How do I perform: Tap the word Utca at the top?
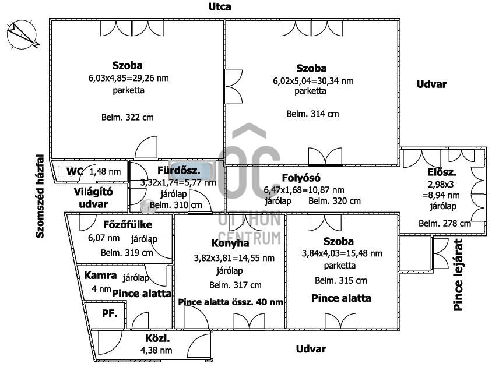click(x=220, y=7)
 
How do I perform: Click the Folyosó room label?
click(x=301, y=178)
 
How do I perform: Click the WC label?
click(x=75, y=171)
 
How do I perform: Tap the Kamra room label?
click(x=100, y=276)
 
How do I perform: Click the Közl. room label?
click(x=157, y=338)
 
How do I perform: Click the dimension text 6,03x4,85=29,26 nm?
click(x=128, y=78)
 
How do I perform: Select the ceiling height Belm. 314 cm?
click(x=312, y=114)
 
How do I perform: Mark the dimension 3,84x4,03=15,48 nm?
click(x=342, y=253)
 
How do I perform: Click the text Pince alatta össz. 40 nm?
click(x=231, y=302)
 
